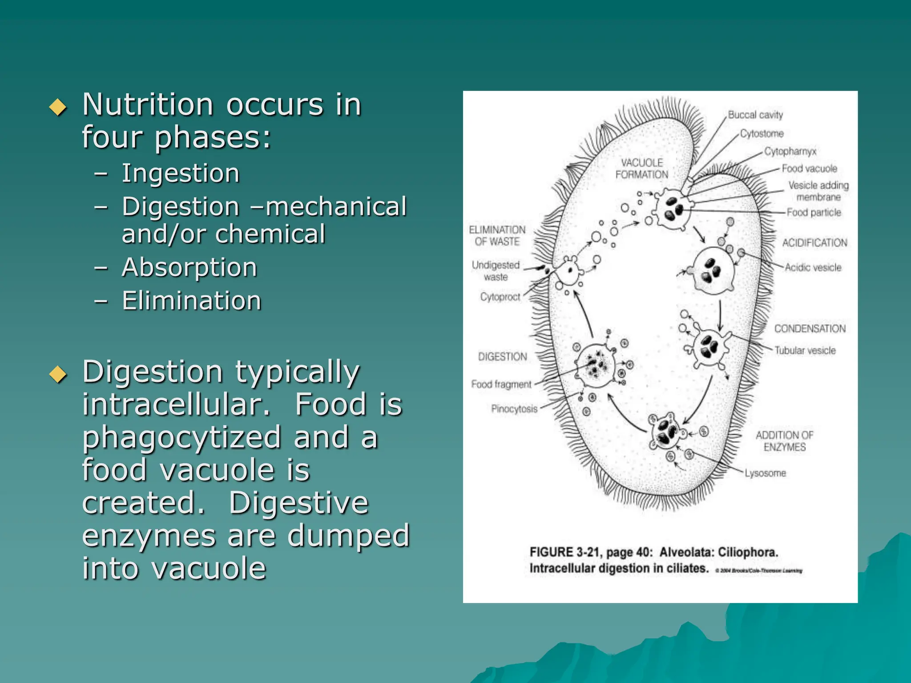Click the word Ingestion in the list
pyautogui.click(x=181, y=173)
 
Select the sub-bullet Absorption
pyautogui.click(x=189, y=267)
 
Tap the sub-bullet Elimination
pyautogui.click(x=191, y=301)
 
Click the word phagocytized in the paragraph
pyautogui.click(x=181, y=437)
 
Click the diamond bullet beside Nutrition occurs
pyautogui.click(x=58, y=107)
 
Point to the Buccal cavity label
pyautogui.click(x=755, y=115)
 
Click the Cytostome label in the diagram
pyautogui.click(x=762, y=133)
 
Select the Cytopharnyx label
pyautogui.click(x=790, y=151)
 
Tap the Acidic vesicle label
pyautogui.click(x=813, y=267)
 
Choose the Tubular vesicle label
pyautogui.click(x=805, y=350)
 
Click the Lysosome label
pyautogui.click(x=765, y=473)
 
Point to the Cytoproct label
pyautogui.click(x=500, y=297)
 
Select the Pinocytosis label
pyautogui.click(x=514, y=409)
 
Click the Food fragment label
pyautogui.click(x=501, y=384)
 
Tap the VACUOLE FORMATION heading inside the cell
pyautogui.click(x=641, y=169)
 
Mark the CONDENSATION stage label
pyautogui.click(x=810, y=329)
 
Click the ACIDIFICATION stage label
pyautogui.click(x=814, y=243)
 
